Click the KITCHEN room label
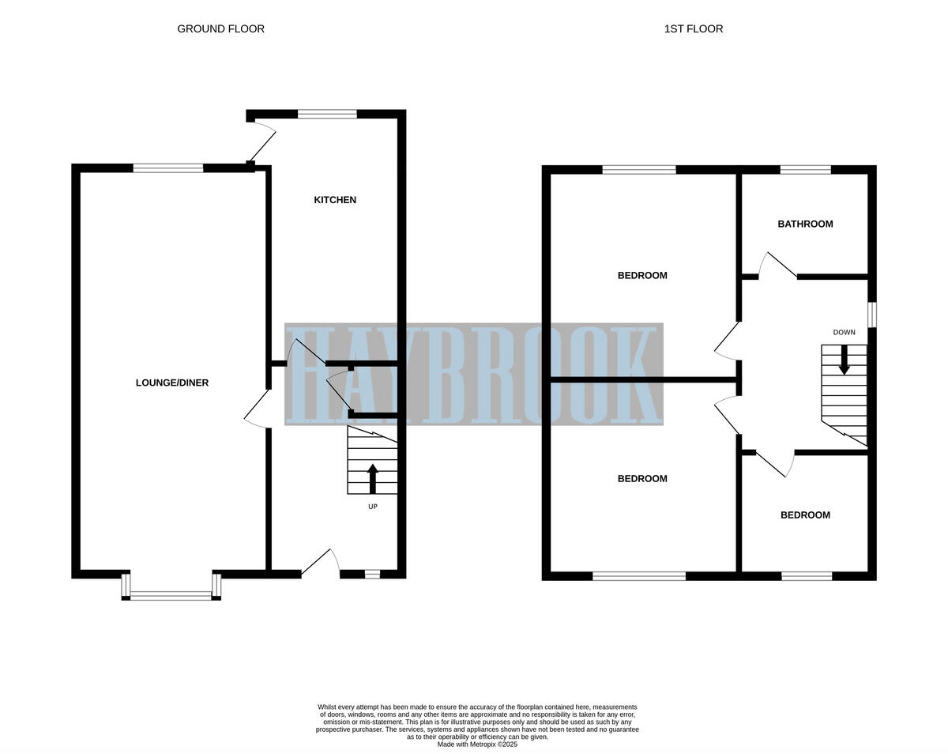(x=335, y=200)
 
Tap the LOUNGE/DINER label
(x=172, y=383)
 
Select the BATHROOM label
(x=805, y=224)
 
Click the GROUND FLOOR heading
(x=220, y=29)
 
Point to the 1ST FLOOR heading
(x=693, y=29)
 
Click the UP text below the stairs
(x=373, y=507)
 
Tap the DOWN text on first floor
(x=844, y=332)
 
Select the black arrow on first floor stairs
(x=844, y=359)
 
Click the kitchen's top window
(x=327, y=115)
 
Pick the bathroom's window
(x=805, y=169)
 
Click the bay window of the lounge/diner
(x=171, y=595)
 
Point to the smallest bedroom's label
(x=805, y=515)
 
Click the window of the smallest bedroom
(x=807, y=576)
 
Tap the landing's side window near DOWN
(x=872, y=314)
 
